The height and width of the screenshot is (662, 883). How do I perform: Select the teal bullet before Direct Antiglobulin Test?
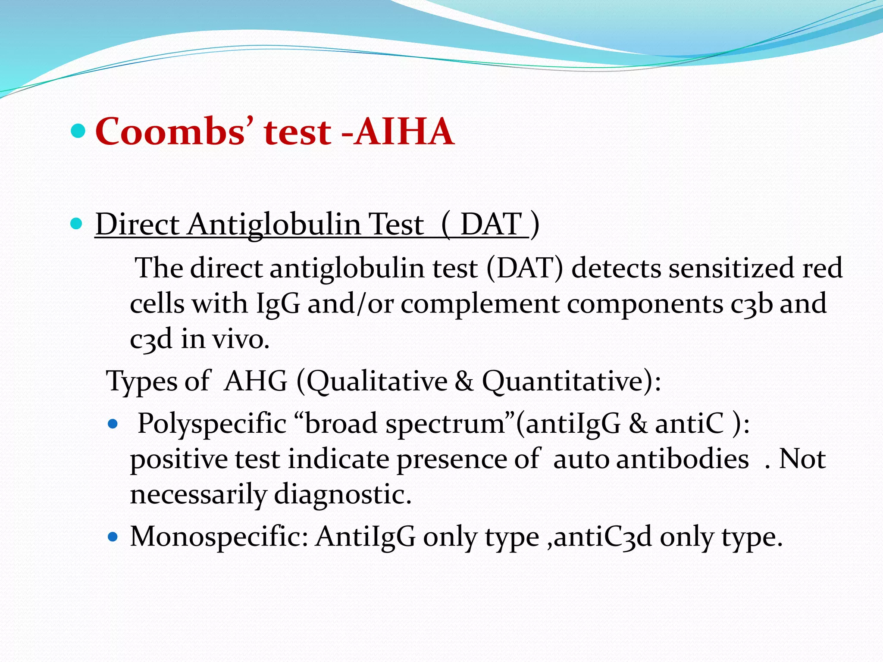point(76,224)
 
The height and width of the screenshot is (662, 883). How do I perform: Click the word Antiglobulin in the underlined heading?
point(273,225)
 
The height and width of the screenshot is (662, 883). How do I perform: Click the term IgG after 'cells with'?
point(278,303)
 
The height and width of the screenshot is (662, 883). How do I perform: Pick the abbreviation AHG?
point(256,381)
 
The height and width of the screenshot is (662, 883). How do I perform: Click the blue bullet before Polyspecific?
point(113,425)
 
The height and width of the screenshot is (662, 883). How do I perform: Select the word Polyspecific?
point(212,424)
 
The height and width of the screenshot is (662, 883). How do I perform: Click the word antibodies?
point(683,459)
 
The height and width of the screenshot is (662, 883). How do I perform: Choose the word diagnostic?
point(342,494)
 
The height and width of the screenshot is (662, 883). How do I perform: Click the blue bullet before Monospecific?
point(113,537)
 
